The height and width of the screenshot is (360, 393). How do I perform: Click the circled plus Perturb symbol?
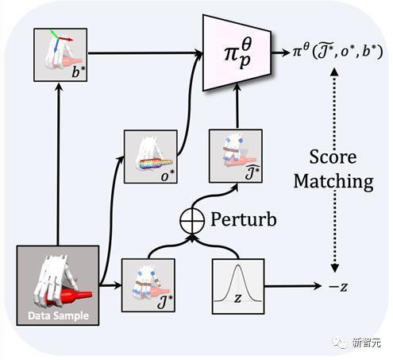click(192, 220)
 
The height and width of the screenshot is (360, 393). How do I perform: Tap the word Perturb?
click(244, 219)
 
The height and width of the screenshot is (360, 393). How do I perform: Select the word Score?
click(333, 157)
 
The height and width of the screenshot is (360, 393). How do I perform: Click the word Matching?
click(333, 182)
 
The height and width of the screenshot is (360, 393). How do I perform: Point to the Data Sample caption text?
click(58, 315)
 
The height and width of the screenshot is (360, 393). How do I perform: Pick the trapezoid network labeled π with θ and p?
click(237, 52)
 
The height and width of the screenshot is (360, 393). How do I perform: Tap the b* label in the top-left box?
click(79, 72)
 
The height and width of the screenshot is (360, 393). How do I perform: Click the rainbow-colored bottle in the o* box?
click(156, 164)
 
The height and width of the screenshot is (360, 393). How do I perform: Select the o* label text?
click(168, 176)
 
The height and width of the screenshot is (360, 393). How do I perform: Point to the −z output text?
click(338, 287)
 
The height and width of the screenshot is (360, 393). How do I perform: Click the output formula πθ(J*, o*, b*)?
click(337, 52)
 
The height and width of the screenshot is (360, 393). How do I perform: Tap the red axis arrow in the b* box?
click(66, 39)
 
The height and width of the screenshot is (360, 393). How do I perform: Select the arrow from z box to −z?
click(293, 286)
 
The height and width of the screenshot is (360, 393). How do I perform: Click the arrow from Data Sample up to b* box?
click(58, 163)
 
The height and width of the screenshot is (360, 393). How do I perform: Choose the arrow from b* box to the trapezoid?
click(144, 53)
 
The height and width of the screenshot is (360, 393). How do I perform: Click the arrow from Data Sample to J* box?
click(110, 285)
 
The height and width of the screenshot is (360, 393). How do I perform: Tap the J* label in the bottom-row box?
click(164, 303)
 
